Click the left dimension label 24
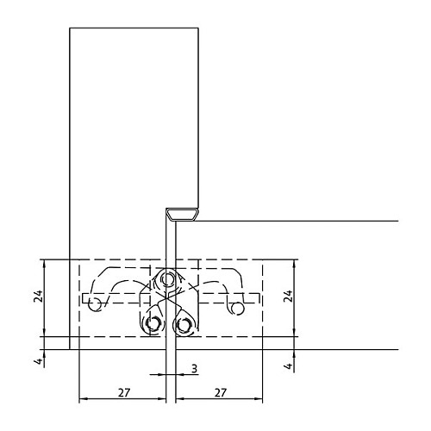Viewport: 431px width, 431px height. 38,297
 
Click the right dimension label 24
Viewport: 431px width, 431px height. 288,297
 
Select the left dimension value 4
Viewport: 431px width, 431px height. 39,360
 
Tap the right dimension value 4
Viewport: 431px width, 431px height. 289,365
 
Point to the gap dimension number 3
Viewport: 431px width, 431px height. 195,368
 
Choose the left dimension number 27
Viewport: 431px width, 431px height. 124,392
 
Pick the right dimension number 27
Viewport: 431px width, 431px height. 221,392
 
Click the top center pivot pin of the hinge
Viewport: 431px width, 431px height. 167,278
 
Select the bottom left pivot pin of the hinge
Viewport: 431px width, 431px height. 153,324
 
